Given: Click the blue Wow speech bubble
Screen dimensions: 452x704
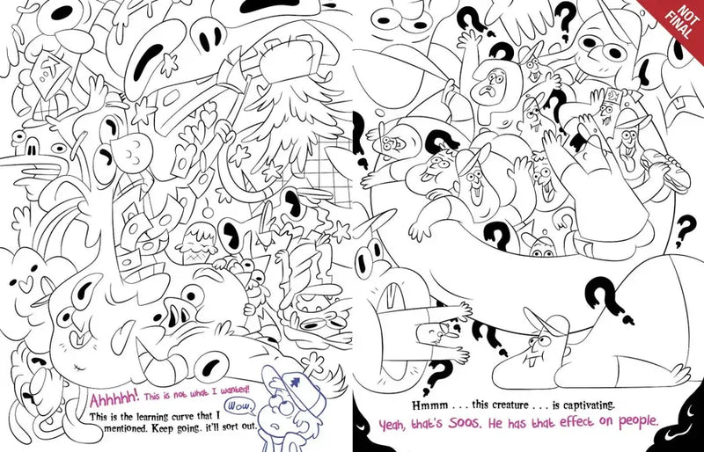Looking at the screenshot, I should click(238, 407).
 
